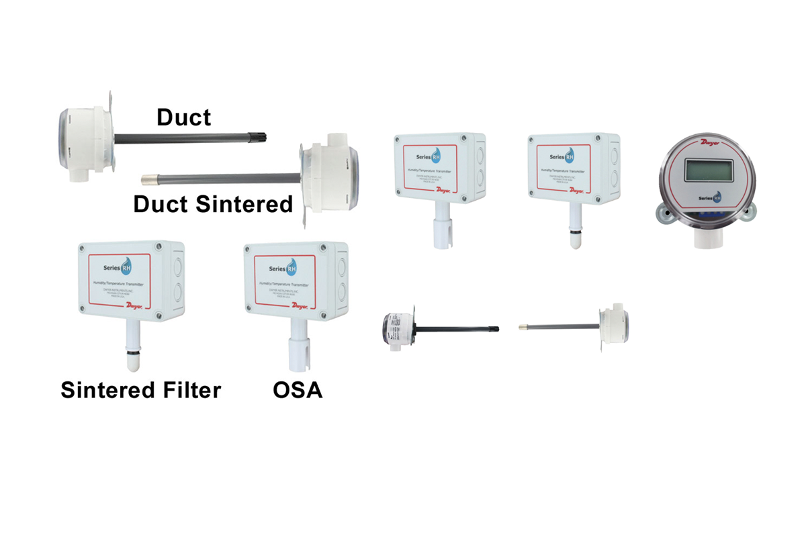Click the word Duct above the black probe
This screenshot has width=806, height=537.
tap(183, 117)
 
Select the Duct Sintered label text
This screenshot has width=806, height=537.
tap(213, 204)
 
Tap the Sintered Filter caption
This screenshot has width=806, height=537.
tap(140, 389)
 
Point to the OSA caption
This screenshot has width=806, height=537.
tap(298, 389)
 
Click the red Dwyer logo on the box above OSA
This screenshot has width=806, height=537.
tap(299, 305)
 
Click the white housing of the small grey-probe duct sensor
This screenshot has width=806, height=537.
tap(611, 326)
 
